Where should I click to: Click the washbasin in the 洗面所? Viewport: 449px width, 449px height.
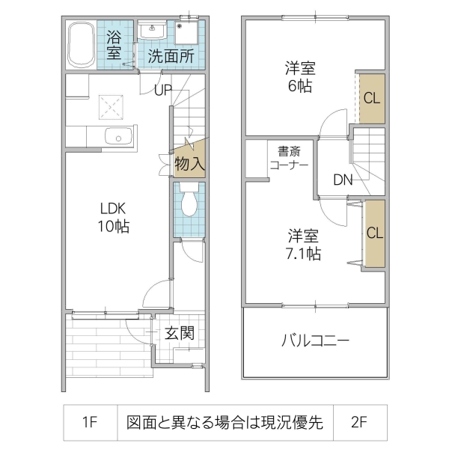pyautogui.click(x=153, y=31)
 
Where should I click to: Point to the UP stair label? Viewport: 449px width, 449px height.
pyautogui.click(x=163, y=91)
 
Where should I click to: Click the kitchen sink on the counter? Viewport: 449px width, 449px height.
pyautogui.click(x=118, y=136)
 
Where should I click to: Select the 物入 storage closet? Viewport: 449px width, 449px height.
pyautogui.click(x=189, y=162)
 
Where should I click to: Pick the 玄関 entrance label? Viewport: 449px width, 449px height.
pyautogui.click(x=180, y=333)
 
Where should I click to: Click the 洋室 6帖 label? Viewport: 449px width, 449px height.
pyautogui.click(x=299, y=76)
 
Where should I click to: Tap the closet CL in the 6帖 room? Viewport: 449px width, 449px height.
pyautogui.click(x=372, y=97)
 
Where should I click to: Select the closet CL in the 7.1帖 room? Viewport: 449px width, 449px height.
pyautogui.click(x=374, y=232)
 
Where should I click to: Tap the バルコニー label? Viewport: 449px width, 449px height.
pyautogui.click(x=314, y=342)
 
